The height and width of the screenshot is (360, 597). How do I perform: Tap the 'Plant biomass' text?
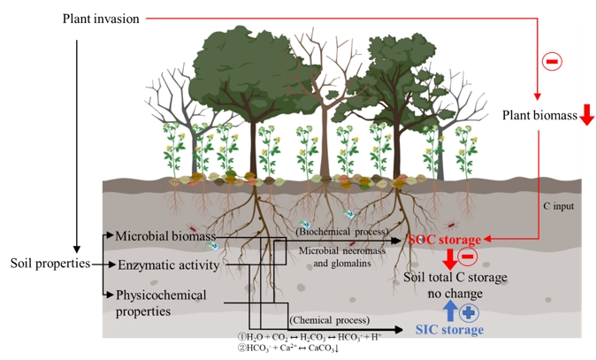click(540, 115)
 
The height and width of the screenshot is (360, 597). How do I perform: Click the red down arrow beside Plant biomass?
click(586, 116)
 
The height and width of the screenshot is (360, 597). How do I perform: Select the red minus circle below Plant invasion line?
click(550, 61)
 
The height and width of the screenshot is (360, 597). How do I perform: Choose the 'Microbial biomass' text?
click(160, 236)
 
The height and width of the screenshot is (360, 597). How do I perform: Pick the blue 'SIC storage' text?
click(450, 330)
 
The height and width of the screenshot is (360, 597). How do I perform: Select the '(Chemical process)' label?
click(328, 319)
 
